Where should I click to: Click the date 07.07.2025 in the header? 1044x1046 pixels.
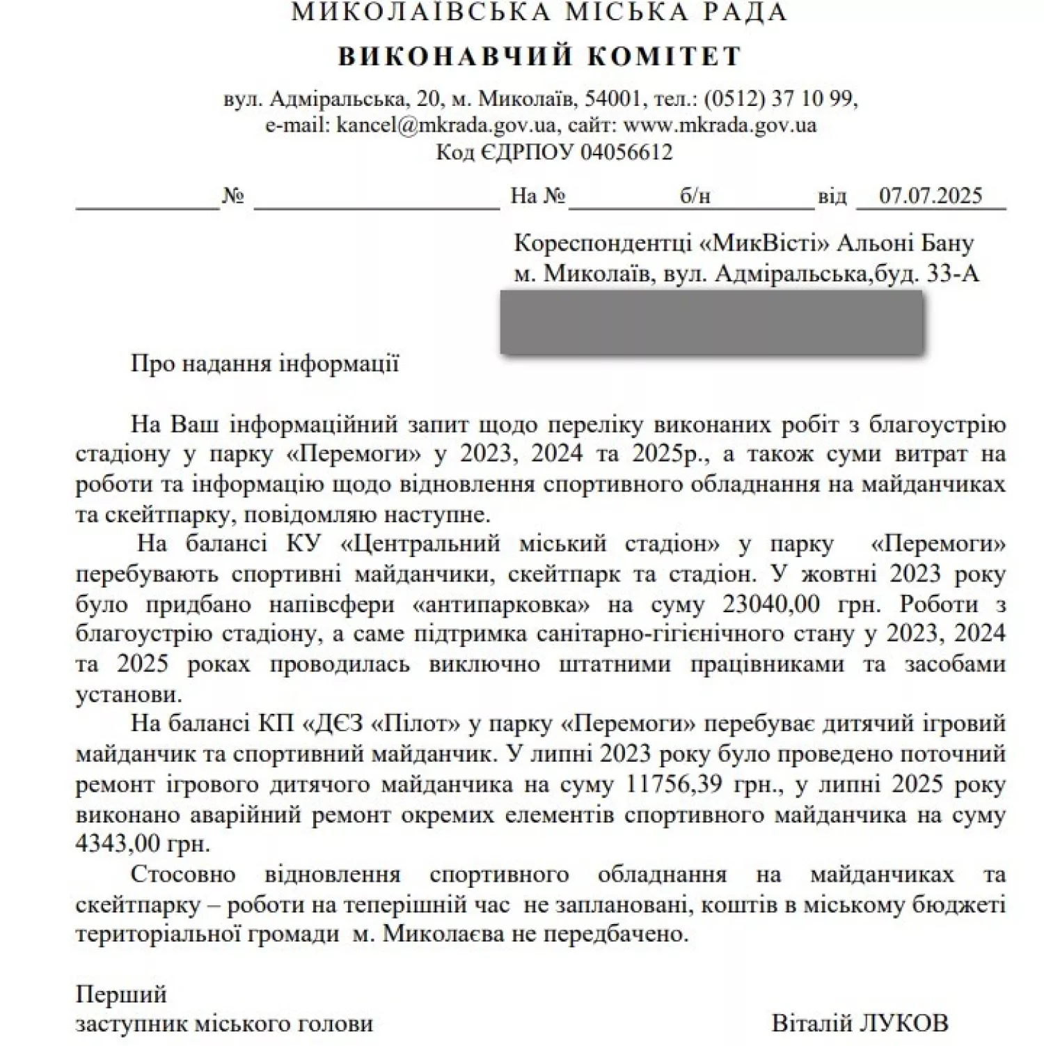930,196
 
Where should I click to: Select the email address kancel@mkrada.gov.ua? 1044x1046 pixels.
445,125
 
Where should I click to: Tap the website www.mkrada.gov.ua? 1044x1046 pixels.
719,125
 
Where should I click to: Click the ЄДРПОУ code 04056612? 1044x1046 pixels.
626,152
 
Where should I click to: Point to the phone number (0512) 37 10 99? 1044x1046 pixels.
779,98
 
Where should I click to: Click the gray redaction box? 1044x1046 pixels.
711,322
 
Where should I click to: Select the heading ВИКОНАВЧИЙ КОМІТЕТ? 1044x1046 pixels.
539,56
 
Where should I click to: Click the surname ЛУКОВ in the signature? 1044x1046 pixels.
904,1023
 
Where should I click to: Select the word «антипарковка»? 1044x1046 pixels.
502,604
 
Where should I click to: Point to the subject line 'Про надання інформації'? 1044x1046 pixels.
264,364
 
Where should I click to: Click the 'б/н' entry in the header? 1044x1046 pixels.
695,196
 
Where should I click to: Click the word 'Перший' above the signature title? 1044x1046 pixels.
120,994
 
